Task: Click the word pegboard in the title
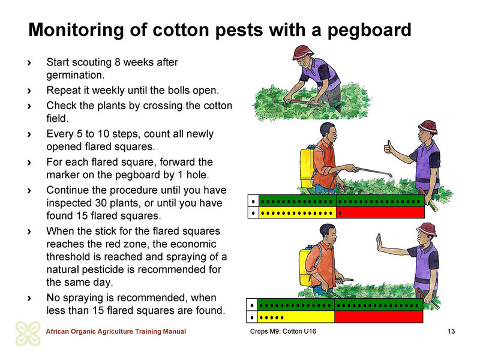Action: [369, 31]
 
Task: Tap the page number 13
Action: [451, 331]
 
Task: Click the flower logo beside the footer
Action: [28, 334]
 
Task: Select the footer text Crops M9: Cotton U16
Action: [283, 331]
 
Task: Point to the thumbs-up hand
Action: [389, 148]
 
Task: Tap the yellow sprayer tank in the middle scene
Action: [307, 168]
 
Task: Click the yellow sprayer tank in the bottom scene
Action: [305, 267]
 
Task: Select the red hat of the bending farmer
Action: [303, 52]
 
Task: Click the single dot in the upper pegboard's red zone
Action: [340, 213]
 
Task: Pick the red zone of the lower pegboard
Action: [379, 317]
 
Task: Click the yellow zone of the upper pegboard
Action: [298, 213]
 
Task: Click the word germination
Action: [76, 75]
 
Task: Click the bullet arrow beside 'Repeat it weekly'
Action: [29, 91]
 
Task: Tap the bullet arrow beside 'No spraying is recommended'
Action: [29, 298]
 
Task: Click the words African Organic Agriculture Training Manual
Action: [116, 331]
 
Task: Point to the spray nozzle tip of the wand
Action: [391, 175]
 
